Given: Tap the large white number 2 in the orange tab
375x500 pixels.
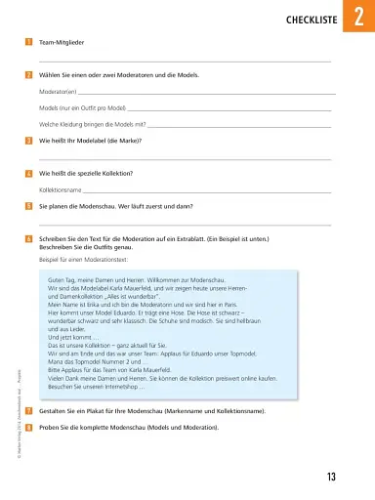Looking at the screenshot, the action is (357, 18).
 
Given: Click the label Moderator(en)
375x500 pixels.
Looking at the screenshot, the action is (58, 91).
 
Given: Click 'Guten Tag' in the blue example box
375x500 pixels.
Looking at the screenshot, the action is (62, 279).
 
